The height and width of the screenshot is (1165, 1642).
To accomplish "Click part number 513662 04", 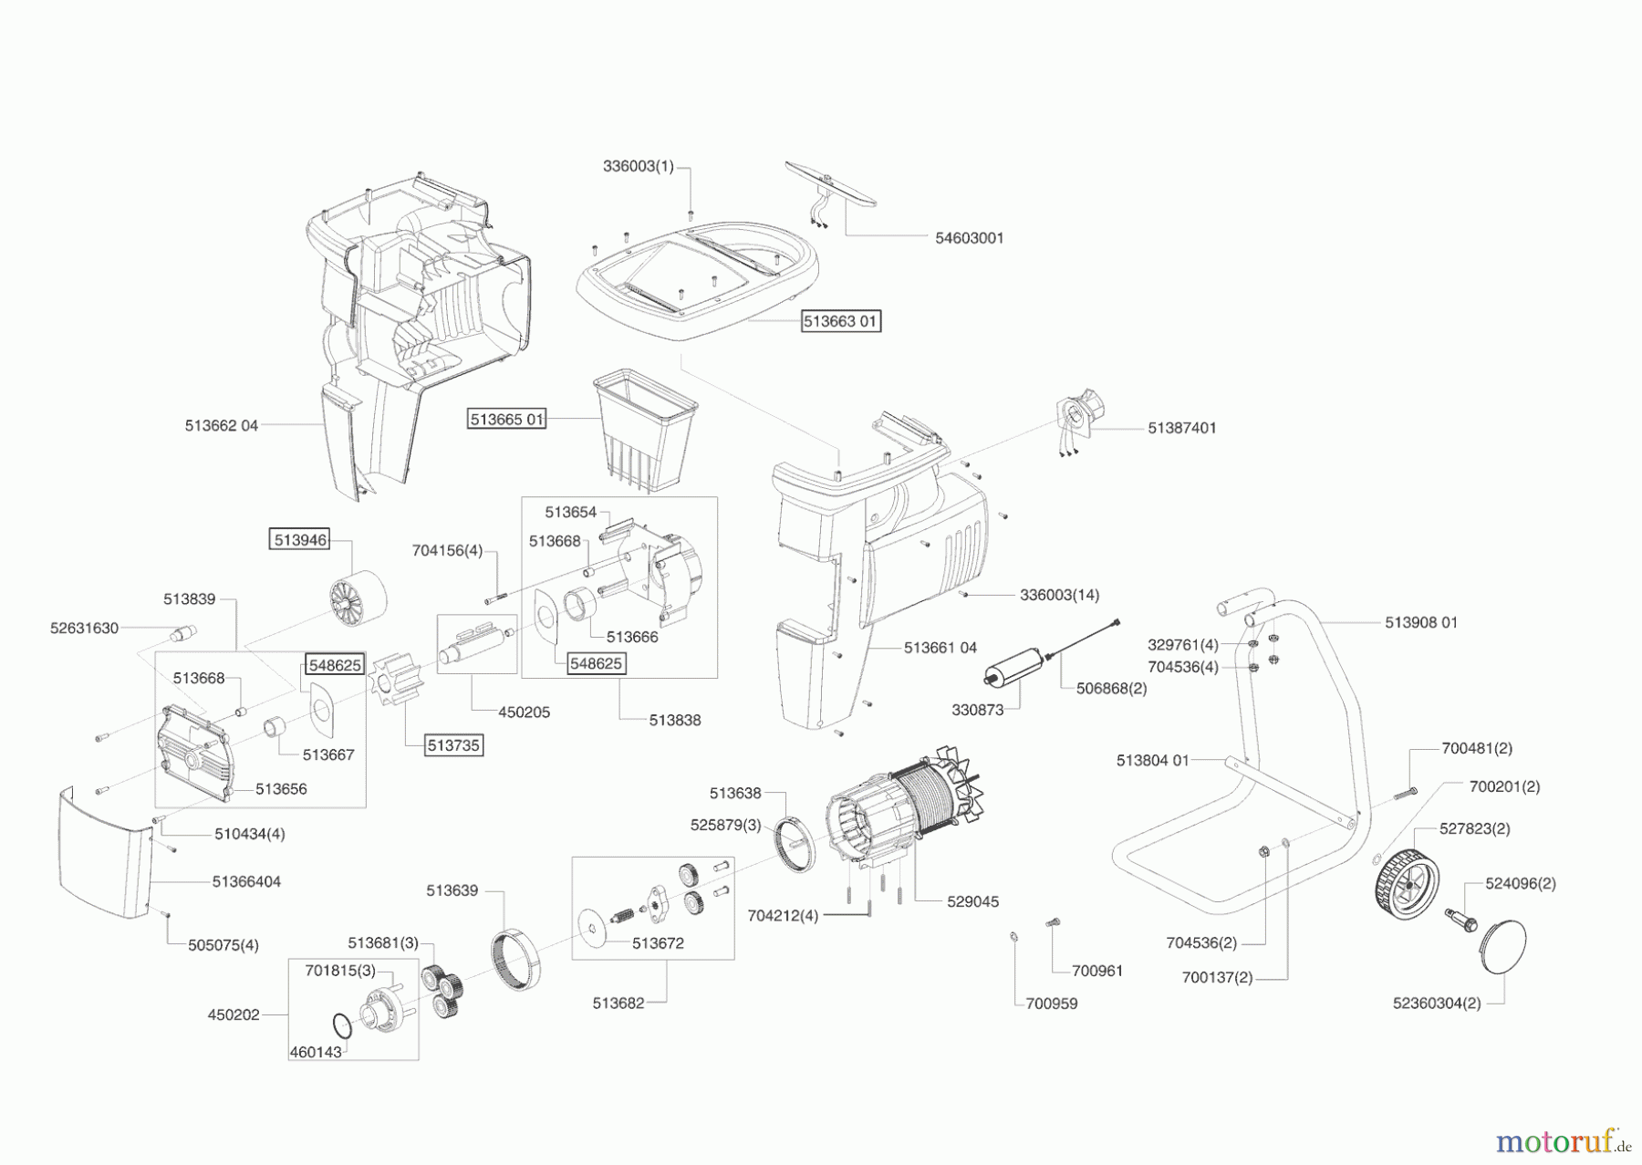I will tap(222, 425).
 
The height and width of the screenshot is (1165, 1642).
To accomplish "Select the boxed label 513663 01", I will tap(841, 321).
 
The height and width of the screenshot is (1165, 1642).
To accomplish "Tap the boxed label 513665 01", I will tap(507, 419).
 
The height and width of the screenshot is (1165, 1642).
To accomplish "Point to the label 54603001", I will tap(969, 237).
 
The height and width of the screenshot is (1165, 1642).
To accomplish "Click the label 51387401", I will tap(1181, 427).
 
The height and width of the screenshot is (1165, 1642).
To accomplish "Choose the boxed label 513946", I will tap(300, 539).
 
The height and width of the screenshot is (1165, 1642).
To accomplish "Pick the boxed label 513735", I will tap(453, 744).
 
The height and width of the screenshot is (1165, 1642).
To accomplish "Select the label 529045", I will tap(972, 901).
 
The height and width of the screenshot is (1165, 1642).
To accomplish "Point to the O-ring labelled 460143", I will tap(341, 1026).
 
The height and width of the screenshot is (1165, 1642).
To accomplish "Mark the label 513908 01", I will tap(1420, 622).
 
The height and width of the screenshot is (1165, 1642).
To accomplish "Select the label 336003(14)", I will tap(1059, 594).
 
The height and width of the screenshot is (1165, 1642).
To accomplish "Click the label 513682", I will tap(618, 1003).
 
